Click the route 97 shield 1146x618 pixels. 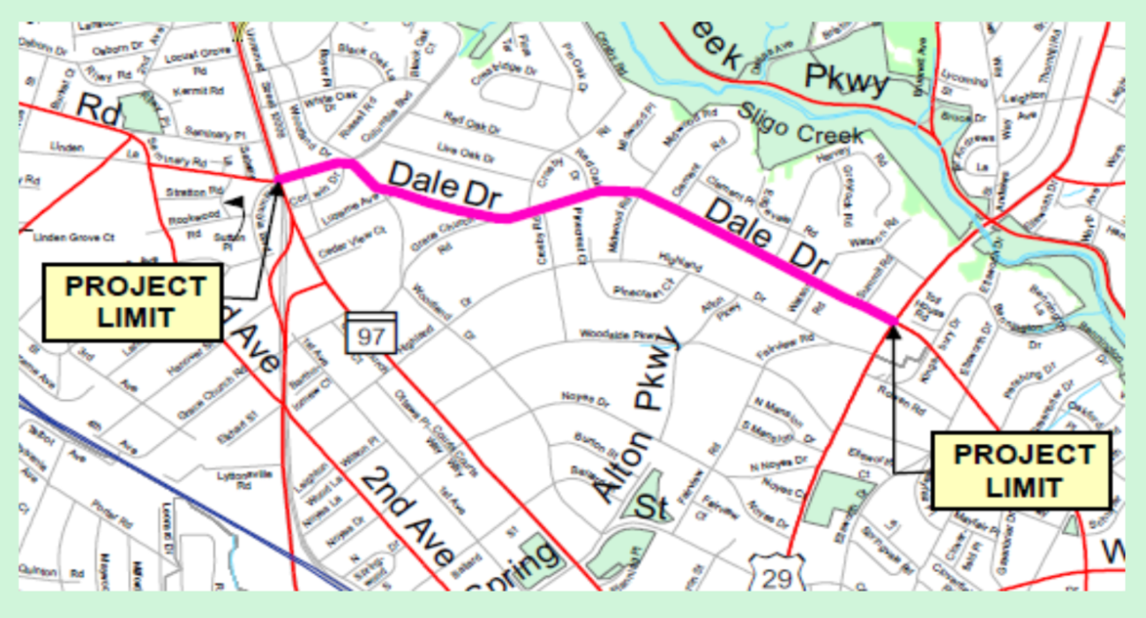[371, 333]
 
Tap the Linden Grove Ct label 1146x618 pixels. [74, 237]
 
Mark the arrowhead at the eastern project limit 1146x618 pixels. [893, 331]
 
